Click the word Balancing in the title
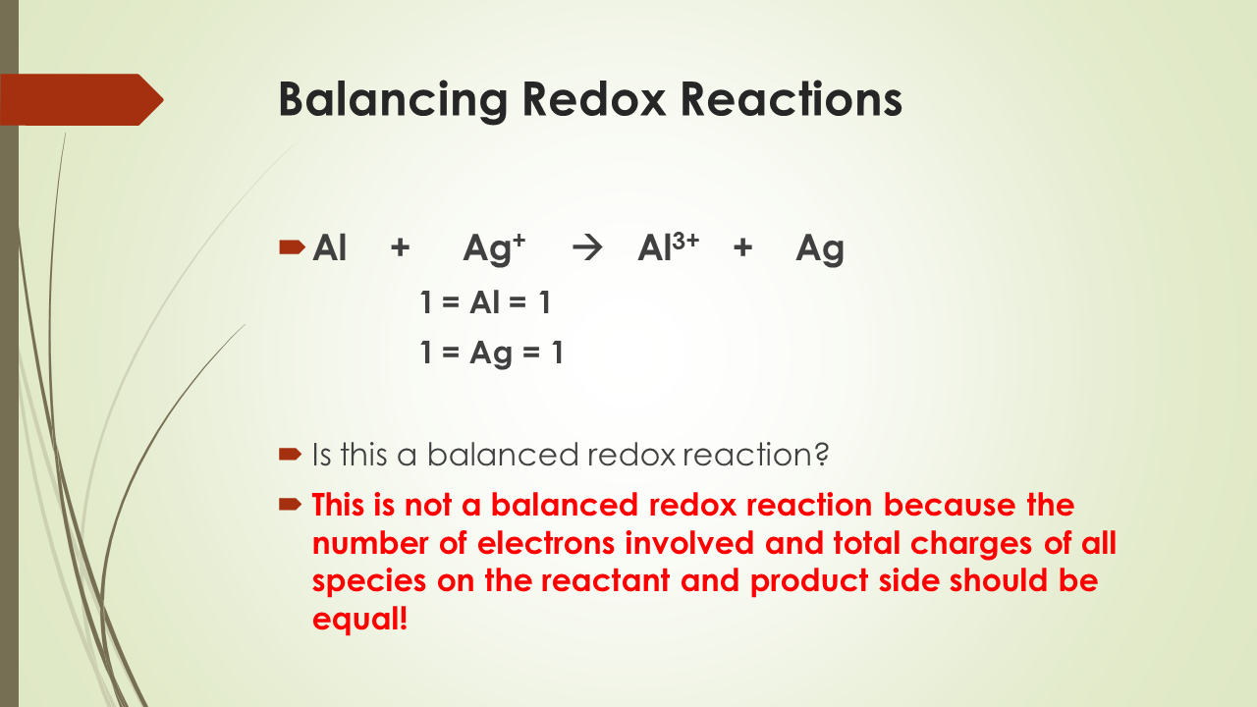[393, 100]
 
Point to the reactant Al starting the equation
[330, 249]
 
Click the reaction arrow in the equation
[586, 249]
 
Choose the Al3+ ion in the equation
[668, 249]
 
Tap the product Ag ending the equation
[820, 250]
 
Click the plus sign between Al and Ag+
[400, 249]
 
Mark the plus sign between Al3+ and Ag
[742, 249]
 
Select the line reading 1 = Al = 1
[485, 303]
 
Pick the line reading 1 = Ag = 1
[492, 353]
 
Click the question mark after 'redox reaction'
[823, 455]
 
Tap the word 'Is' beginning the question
[323, 455]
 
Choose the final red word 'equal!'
[359, 619]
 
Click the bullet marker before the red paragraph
[289, 505]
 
